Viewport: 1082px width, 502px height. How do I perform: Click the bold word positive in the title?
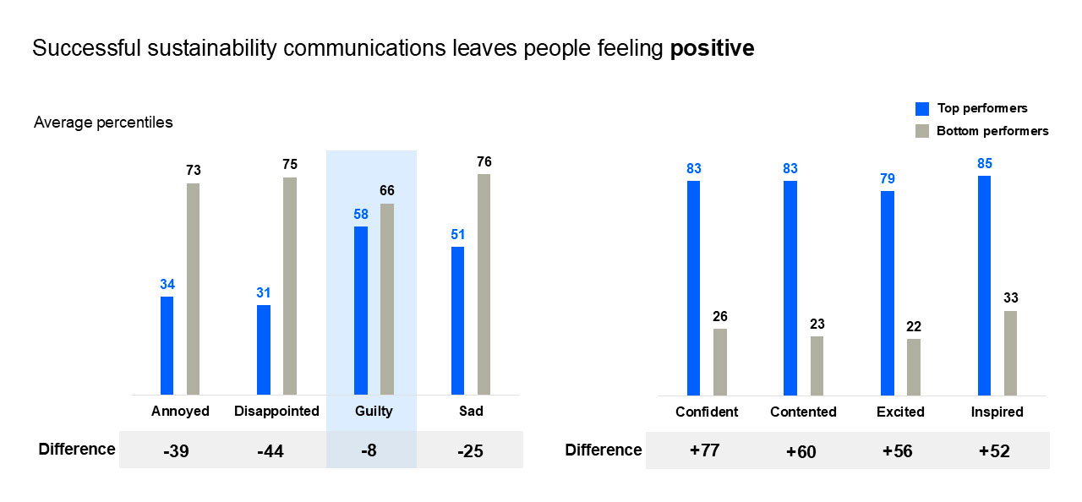click(712, 49)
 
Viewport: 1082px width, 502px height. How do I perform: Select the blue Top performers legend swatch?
click(922, 109)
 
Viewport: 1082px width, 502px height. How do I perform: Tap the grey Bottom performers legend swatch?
click(922, 132)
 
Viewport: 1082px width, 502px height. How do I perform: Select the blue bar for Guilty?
click(361, 310)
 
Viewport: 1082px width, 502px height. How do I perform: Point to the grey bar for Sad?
click(484, 284)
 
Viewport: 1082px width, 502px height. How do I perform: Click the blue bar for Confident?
click(693, 287)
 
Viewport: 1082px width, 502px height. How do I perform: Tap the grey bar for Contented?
click(817, 365)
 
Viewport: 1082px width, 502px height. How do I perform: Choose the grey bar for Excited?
click(914, 367)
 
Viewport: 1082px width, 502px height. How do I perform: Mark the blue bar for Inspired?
click(984, 285)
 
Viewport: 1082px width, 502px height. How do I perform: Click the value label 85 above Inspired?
click(984, 164)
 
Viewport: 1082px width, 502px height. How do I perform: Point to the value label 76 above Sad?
click(484, 162)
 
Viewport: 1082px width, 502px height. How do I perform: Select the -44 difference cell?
click(270, 451)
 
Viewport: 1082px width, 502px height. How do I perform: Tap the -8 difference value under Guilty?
click(369, 451)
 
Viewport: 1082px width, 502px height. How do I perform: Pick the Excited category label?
click(903, 412)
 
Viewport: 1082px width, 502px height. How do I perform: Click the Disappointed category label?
click(276, 412)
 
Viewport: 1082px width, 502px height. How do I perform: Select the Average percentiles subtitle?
click(103, 123)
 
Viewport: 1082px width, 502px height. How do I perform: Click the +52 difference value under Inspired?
click(994, 451)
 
